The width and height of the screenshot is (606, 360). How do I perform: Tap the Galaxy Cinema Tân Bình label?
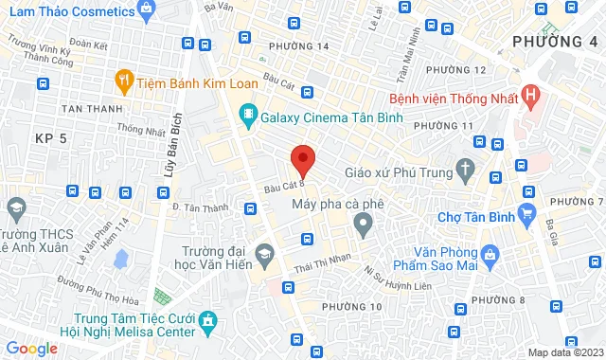point(333,117)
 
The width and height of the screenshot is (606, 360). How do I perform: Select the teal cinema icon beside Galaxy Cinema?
point(249,116)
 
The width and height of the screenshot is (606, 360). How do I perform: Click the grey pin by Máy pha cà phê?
point(361,225)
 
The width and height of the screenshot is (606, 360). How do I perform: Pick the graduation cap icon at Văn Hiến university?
point(265,254)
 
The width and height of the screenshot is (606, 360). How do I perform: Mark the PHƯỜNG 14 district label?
point(298,45)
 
